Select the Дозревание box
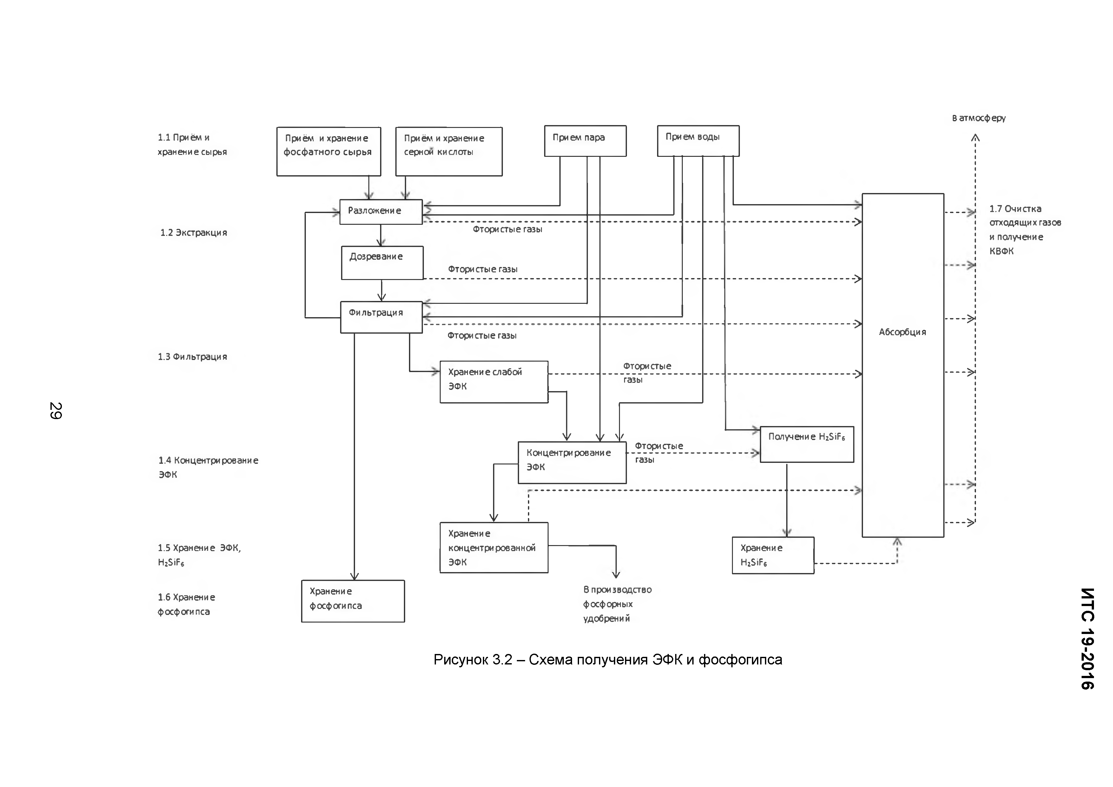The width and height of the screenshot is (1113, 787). coord(382,263)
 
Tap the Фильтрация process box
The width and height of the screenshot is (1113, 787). coord(381,317)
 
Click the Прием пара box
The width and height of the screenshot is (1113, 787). coord(585,141)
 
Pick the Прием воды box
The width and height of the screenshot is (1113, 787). coord(698,141)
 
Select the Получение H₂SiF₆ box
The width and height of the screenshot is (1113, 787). coord(806,444)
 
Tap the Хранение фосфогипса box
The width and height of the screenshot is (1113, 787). coord(352,601)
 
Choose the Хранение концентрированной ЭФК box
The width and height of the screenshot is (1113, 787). coord(493,547)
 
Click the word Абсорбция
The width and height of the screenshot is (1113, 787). coord(902,332)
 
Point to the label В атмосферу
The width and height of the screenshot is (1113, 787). coord(978,118)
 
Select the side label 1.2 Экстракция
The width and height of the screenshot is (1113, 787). coord(194,233)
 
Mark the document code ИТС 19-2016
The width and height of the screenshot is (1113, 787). coord(1087,638)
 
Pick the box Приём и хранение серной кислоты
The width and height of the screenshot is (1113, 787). coord(448,151)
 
